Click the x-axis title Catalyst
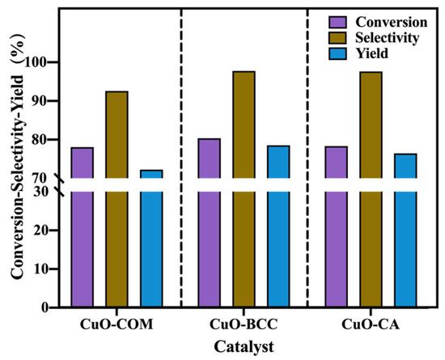tap(244, 346)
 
